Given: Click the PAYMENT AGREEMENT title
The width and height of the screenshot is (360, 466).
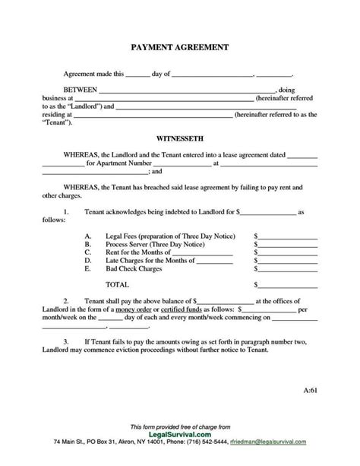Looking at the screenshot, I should [180, 48].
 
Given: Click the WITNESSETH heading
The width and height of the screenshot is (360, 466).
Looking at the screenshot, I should [179, 140].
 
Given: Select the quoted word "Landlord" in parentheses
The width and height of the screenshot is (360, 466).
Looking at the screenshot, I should [77, 106].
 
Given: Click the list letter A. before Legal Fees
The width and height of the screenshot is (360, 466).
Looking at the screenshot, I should [89, 236].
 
